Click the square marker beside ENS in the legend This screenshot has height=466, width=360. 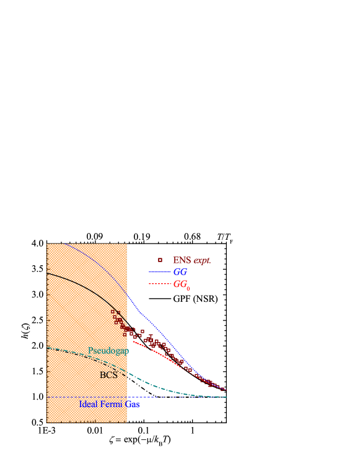click(160, 260)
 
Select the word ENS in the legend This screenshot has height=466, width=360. click(182, 261)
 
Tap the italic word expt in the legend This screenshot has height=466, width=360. click(202, 261)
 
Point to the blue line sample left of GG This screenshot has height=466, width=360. click(159, 272)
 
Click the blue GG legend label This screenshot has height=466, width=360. click(180, 272)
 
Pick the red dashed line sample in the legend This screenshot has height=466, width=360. click(159, 284)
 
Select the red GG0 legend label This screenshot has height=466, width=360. click(181, 284)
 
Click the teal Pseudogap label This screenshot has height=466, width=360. click(108, 351)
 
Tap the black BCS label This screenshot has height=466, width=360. click(108, 375)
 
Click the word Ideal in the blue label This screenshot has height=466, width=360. click(89, 404)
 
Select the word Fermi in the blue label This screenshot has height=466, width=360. click(113, 404)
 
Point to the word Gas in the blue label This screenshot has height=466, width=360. click(133, 404)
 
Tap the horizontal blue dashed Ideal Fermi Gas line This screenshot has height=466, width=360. click(186, 397)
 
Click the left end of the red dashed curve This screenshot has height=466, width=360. click(134, 341)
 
